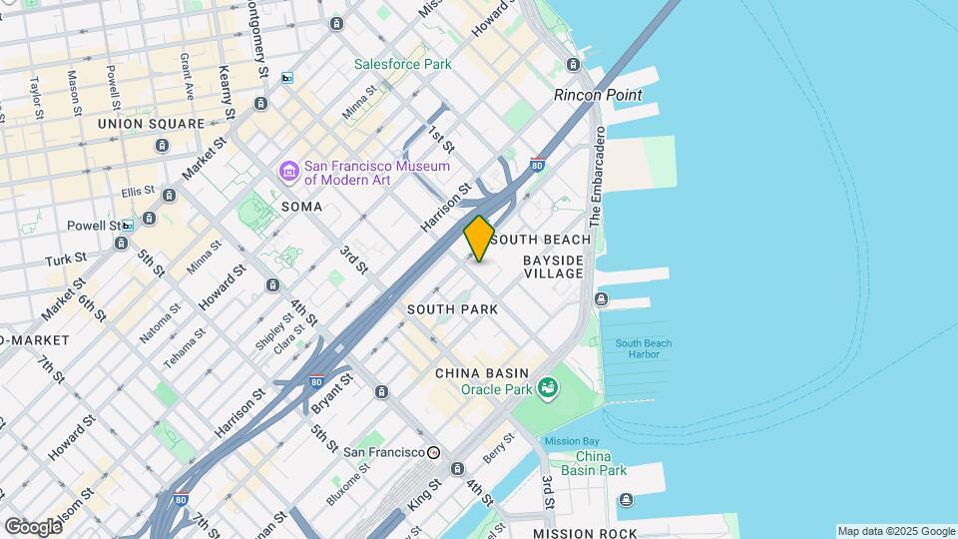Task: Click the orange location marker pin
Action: pyautogui.click(x=479, y=239)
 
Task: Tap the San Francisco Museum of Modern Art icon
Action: pyautogui.click(x=289, y=173)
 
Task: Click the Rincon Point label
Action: pyautogui.click(x=598, y=95)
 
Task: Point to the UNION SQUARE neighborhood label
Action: pyautogui.click(x=151, y=124)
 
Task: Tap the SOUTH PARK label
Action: pyautogui.click(x=452, y=309)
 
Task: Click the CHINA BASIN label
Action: pyautogui.click(x=482, y=373)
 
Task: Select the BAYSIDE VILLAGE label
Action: pyautogui.click(x=553, y=267)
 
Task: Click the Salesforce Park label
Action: pyautogui.click(x=403, y=65)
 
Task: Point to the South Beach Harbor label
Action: pyautogui.click(x=644, y=349)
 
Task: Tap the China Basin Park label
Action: pyautogui.click(x=594, y=463)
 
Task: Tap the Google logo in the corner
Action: pyautogui.click(x=33, y=526)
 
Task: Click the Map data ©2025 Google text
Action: pyautogui.click(x=895, y=531)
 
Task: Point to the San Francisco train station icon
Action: pyautogui.click(x=433, y=452)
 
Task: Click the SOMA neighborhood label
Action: pyautogui.click(x=301, y=207)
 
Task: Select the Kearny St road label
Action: pyautogui.click(x=227, y=91)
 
